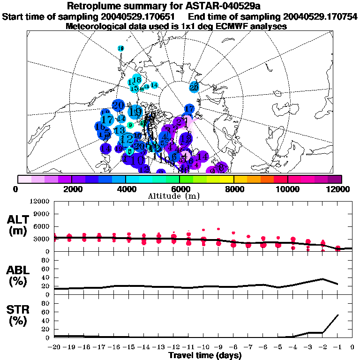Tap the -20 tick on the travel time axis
[x=54, y=348]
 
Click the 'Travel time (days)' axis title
[x=205, y=356]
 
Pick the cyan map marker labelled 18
[x=137, y=80]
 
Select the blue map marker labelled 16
[x=100, y=127]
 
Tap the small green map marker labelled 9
[x=130, y=125]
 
